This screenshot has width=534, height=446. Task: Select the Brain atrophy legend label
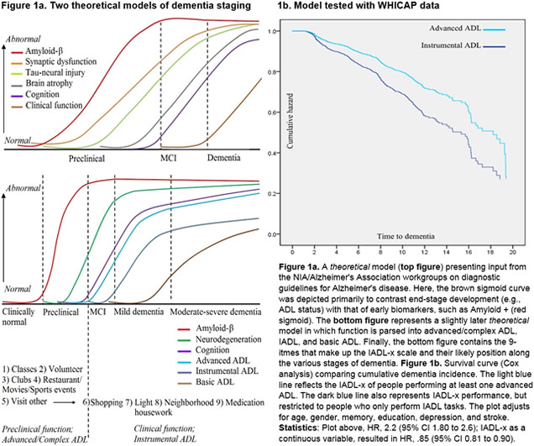click(49, 83)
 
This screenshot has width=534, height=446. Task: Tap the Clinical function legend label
click(54, 105)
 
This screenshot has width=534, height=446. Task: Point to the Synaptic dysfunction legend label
click(61, 61)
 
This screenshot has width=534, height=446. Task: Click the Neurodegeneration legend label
click(228, 339)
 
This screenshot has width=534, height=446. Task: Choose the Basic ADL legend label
click(215, 382)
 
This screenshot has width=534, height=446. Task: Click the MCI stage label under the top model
click(169, 158)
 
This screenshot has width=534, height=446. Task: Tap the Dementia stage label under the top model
click(223, 158)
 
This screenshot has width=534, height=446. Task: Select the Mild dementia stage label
click(139, 312)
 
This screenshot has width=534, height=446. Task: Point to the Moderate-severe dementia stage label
click(216, 312)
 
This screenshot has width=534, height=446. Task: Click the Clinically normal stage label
click(18, 317)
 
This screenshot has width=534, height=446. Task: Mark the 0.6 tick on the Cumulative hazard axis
click(272, 112)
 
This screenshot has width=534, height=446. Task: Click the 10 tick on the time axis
click(402, 252)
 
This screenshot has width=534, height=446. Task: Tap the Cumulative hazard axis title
click(290, 121)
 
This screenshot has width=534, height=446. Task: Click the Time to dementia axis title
click(406, 236)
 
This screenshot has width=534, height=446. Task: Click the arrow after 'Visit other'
click(65, 402)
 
